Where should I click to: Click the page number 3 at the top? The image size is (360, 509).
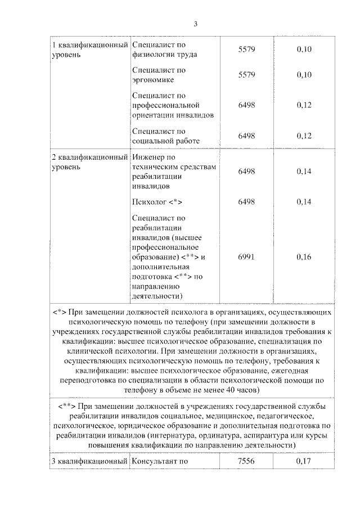point(195,24)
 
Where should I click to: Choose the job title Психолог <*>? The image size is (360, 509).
point(157,202)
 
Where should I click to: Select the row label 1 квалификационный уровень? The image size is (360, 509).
point(90,49)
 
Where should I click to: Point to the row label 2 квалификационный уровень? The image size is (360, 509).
point(90,162)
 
